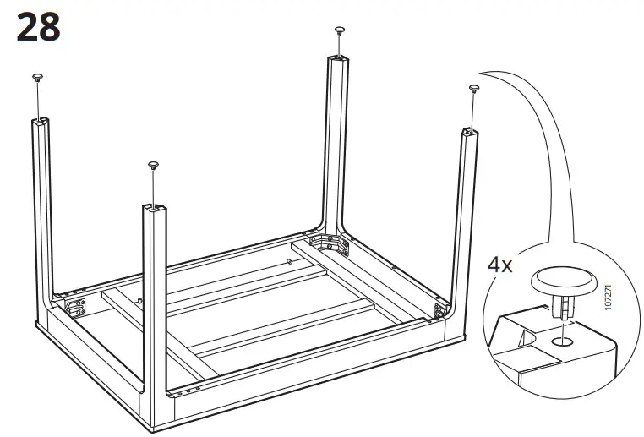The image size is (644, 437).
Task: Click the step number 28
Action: [x=38, y=27]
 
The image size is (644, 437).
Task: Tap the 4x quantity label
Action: [x=500, y=264]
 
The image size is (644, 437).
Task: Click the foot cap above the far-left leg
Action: [x=38, y=78]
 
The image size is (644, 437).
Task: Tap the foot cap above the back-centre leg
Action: [x=340, y=30]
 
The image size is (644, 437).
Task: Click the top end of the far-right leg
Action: [x=471, y=132]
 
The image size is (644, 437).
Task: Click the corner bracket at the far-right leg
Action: [x=440, y=310]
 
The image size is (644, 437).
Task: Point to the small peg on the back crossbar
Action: [x=290, y=261]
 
